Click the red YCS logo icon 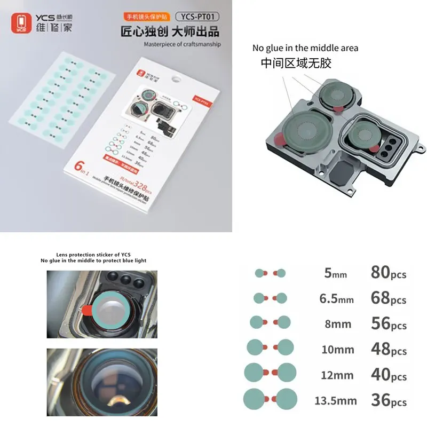pyautogui.click(x=20, y=22)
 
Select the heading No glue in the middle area pyautogui.click(x=305, y=48)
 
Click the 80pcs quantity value pyautogui.click(x=388, y=273)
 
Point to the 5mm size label pyautogui.click(x=335, y=274)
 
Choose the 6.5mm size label pyautogui.click(x=336, y=298)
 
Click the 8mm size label pyautogui.click(x=337, y=323)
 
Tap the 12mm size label pyautogui.click(x=337, y=375)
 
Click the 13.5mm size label pyautogui.click(x=338, y=400)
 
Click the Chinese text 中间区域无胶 pyautogui.click(x=296, y=63)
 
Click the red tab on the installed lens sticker pyautogui.click(x=87, y=310)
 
